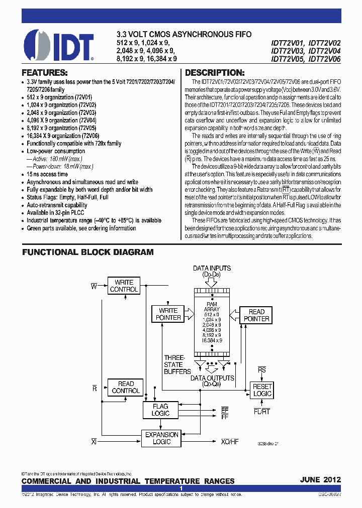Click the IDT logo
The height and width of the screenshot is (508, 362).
point(58,45)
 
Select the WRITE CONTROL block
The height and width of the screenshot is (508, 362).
point(124,286)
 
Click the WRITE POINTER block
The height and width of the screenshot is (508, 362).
point(168,314)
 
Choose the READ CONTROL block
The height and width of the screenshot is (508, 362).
point(126,387)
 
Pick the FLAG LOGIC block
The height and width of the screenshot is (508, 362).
point(160,410)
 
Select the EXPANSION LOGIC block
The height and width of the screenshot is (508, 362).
point(161,438)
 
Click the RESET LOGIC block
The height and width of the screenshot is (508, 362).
point(261,390)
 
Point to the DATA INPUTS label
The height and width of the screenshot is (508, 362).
point(212,268)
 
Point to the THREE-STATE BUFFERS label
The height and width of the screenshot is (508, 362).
point(177,364)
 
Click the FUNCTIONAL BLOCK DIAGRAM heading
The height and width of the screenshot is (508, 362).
point(87,252)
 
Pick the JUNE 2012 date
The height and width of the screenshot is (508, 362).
point(320,479)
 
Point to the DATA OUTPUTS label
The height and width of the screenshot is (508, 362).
point(212,378)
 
